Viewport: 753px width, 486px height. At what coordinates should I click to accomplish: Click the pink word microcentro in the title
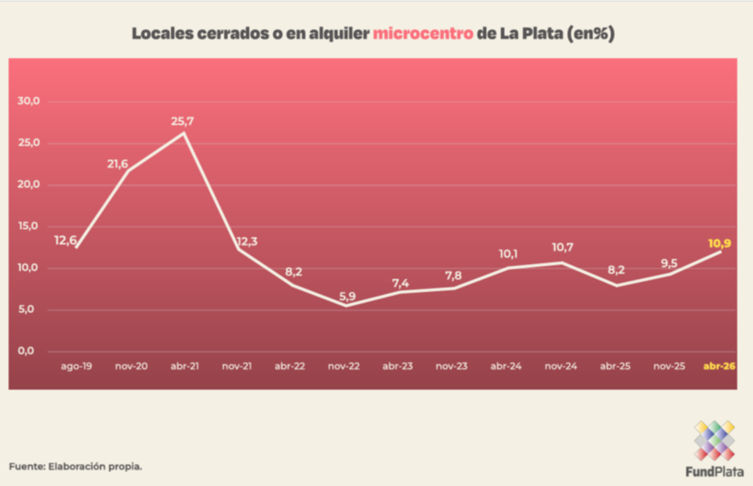(422, 34)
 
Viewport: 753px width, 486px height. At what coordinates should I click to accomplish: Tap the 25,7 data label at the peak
(183, 121)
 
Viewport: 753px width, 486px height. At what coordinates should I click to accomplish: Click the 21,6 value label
(118, 164)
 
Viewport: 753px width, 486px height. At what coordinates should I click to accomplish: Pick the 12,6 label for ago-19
(65, 239)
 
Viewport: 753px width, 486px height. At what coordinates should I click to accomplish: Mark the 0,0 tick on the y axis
(27, 351)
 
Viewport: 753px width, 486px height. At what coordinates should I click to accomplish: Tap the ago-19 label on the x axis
(75, 366)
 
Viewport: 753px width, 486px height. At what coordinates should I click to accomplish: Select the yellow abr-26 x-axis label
(719, 366)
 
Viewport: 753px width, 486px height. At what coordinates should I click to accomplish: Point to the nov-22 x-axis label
(343, 366)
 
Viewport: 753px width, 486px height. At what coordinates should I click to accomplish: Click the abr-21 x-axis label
(184, 366)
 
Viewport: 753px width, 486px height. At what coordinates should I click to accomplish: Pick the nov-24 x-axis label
(560, 366)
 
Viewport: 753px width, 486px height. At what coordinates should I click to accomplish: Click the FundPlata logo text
(714, 472)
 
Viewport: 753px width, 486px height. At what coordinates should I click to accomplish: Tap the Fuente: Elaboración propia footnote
(75, 467)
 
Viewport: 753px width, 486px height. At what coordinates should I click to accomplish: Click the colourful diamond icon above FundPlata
(714, 440)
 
